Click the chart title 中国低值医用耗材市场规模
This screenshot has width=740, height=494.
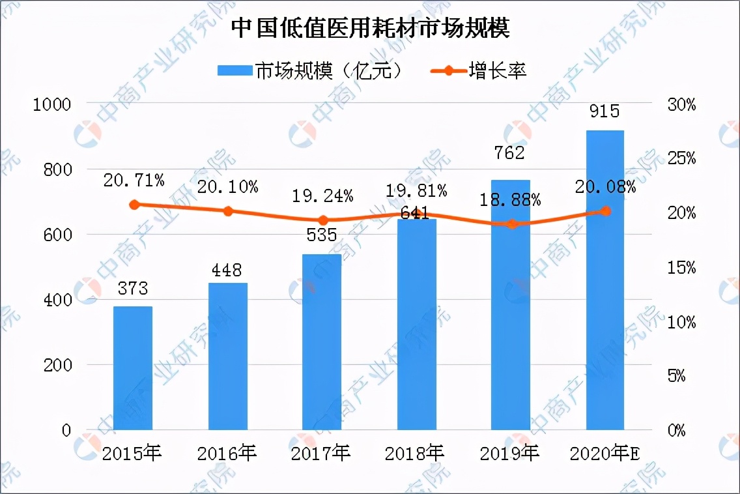(370, 29)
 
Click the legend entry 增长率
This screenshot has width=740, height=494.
(479, 70)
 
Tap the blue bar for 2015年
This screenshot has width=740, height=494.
(134, 368)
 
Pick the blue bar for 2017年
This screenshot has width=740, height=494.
(322, 342)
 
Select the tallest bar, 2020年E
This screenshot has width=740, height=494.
(605, 280)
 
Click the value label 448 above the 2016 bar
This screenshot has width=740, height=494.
(227, 270)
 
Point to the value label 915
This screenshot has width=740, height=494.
(605, 111)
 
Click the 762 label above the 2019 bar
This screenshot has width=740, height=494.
(510, 154)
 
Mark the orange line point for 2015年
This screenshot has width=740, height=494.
(134, 205)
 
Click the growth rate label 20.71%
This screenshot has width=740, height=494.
(134, 179)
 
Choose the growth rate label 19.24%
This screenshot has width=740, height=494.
(323, 195)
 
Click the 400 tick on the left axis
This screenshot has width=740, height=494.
(57, 300)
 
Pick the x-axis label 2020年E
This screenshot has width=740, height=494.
(605, 453)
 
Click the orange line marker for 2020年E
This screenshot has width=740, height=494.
(605, 211)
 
